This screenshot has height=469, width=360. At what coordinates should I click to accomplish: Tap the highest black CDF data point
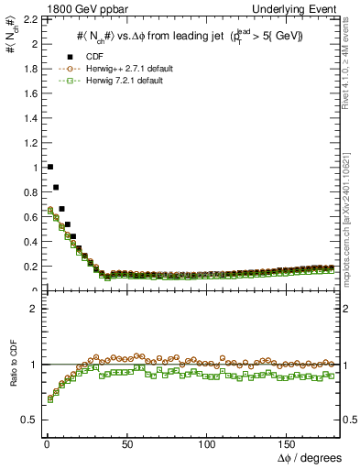coord(49,167)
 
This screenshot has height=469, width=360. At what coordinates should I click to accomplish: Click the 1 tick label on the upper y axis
coord(35,168)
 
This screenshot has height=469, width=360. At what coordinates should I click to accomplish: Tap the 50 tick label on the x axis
coord(126,444)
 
